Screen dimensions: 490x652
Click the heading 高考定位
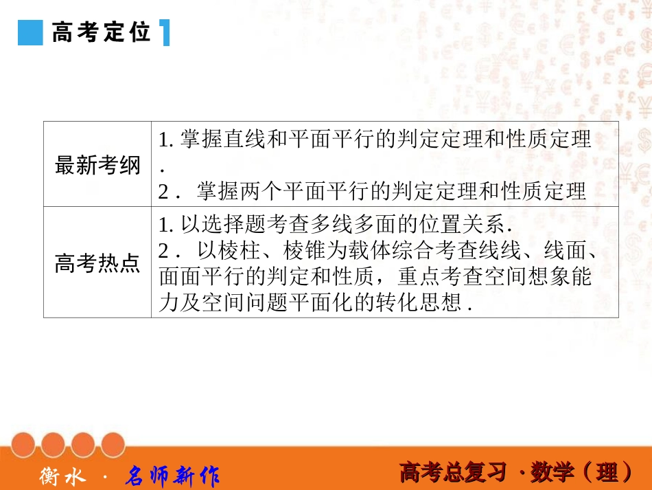click(x=102, y=32)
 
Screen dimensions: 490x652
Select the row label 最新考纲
click(x=97, y=166)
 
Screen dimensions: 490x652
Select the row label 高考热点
click(x=97, y=263)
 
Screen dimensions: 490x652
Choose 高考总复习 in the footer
click(x=453, y=473)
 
